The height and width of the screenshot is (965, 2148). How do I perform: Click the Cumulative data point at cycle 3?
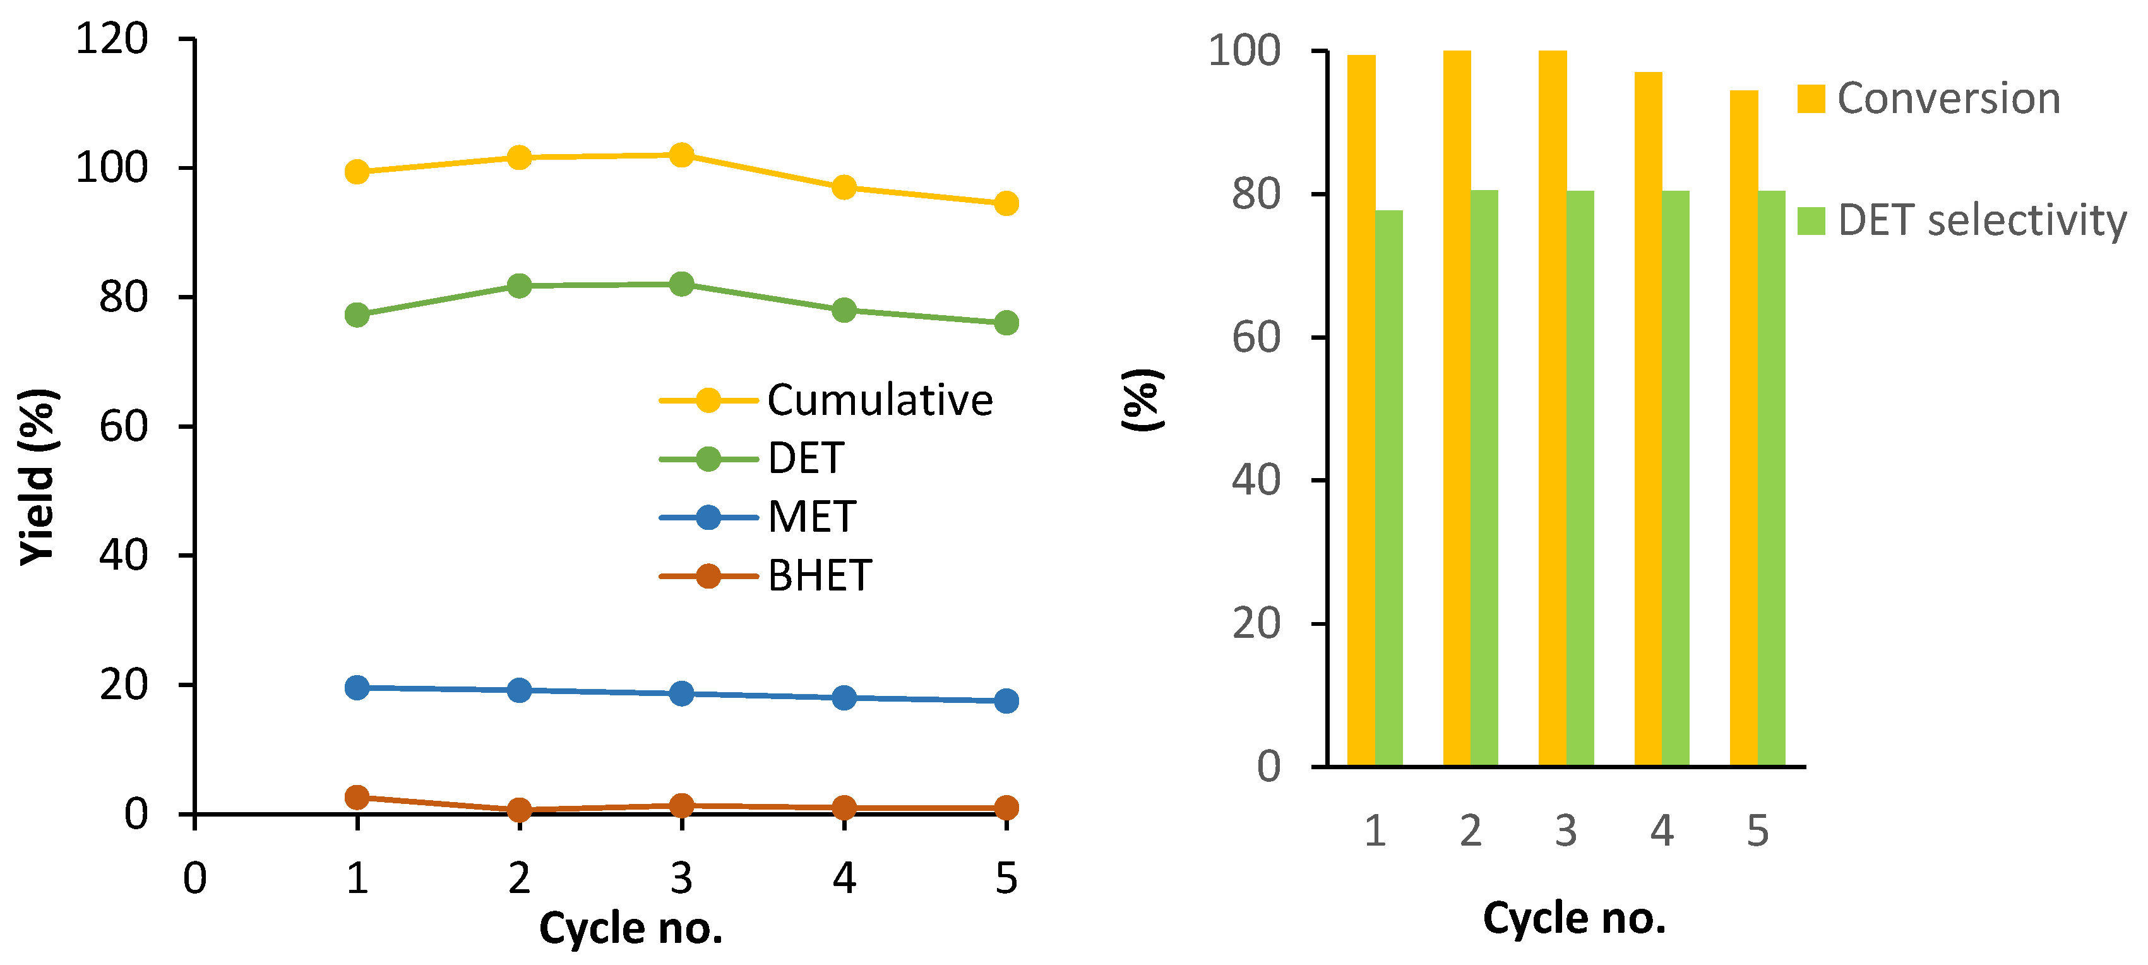(681, 154)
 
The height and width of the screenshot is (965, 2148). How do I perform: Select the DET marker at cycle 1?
(357, 315)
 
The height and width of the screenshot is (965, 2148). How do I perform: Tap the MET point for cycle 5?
(1006, 700)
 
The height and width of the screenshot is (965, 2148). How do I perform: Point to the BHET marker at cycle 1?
(357, 796)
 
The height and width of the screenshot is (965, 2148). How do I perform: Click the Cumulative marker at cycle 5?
(1006, 203)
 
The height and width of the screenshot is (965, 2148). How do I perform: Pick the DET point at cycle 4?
(844, 309)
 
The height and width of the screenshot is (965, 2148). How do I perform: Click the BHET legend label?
(820, 575)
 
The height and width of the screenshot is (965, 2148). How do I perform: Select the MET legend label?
(811, 517)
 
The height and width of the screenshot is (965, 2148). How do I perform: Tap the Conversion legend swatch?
(1810, 99)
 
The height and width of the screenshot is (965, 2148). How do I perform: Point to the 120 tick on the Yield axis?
(112, 39)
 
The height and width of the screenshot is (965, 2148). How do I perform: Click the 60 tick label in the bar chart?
(1256, 338)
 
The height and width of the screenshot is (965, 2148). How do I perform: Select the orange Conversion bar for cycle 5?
(1743, 428)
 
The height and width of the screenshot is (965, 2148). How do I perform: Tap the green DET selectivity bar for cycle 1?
(1388, 488)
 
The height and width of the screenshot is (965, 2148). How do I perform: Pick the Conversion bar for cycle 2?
(1457, 408)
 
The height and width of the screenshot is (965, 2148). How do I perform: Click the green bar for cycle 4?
(1675, 478)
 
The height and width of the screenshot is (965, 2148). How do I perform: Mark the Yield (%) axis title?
(37, 477)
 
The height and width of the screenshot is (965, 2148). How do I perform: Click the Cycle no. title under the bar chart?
(1574, 918)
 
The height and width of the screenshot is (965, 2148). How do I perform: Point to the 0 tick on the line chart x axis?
(194, 877)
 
